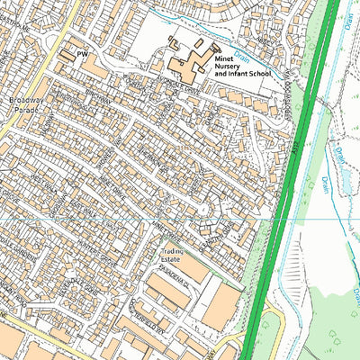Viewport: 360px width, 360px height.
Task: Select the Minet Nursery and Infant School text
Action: coord(240,68)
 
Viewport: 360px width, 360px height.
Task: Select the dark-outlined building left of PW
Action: coord(67,56)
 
